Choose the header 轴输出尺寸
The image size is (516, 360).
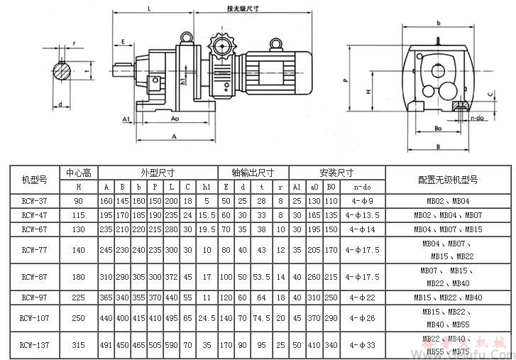pos(251,173)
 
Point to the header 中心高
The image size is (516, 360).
pos(77,173)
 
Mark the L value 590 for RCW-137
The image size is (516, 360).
pos(172,345)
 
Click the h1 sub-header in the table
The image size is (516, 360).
pos(205,187)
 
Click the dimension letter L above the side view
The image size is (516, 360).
pos(148,9)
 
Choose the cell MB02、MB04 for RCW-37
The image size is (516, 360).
pos(449,201)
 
